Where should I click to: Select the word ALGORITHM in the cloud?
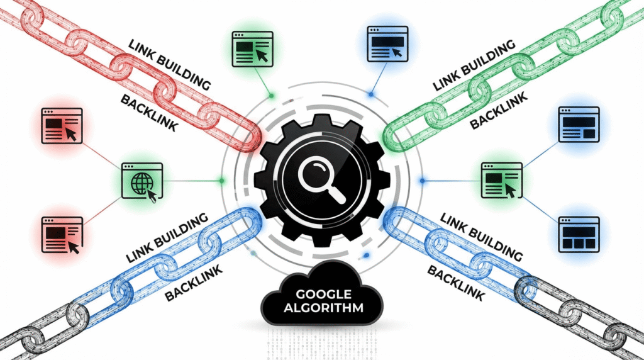click(325, 308)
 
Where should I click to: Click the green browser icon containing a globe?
click(142, 181)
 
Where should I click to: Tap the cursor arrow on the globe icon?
click(152, 194)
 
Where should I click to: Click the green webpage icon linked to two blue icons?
click(502, 180)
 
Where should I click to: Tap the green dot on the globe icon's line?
click(221, 181)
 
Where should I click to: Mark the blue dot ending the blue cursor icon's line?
click(371, 94)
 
